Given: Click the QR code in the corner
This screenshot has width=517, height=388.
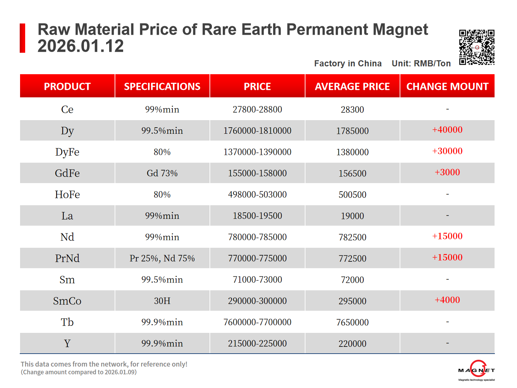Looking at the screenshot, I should click(x=477, y=47).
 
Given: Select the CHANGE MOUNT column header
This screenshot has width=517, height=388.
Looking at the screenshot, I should click(x=447, y=86).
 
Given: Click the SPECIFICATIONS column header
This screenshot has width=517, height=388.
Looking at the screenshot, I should click(x=162, y=86).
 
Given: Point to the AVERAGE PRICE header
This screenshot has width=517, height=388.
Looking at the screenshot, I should click(x=352, y=86).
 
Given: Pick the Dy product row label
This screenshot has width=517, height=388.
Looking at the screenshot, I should click(x=67, y=131).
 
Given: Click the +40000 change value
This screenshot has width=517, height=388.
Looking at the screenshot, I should click(x=447, y=130).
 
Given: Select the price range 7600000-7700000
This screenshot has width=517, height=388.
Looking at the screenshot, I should click(x=257, y=322).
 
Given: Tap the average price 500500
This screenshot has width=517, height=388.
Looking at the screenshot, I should click(x=352, y=195).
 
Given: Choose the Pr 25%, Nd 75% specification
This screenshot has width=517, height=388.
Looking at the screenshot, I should click(x=162, y=258).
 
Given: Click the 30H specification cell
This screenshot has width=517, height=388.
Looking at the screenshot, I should click(x=162, y=301).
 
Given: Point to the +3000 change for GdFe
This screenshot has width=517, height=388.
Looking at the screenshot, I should click(x=447, y=172).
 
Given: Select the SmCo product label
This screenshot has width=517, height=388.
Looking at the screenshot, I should click(x=67, y=301).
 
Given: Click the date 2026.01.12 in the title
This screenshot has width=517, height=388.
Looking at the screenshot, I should click(x=81, y=46).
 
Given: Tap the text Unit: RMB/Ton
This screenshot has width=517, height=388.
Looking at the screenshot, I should click(x=421, y=64).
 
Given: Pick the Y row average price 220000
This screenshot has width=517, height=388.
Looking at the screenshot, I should click(x=352, y=344).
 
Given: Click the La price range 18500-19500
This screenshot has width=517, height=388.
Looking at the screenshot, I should click(x=257, y=216).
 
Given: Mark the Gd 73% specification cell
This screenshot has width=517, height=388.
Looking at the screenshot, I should click(x=162, y=173).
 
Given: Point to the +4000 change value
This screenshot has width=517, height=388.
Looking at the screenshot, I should click(x=447, y=300).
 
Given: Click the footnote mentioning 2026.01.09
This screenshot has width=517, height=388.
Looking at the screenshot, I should click(x=79, y=372).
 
